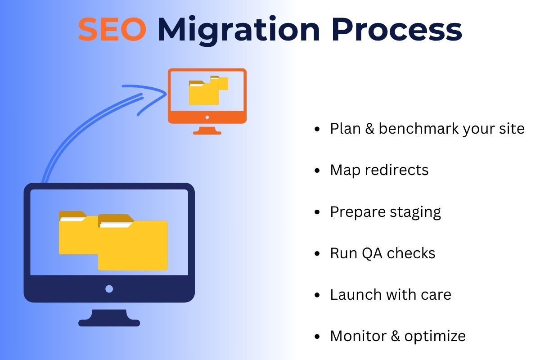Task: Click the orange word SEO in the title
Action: (x=112, y=30)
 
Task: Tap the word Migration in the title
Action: (x=238, y=30)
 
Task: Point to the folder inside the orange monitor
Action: (x=205, y=92)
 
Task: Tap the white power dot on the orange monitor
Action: (x=207, y=117)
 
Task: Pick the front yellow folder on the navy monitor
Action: (x=133, y=245)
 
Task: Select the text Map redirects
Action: (x=379, y=170)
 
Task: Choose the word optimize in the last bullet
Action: (x=435, y=336)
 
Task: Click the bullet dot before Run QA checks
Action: (x=318, y=254)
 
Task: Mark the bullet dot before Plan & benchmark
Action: (x=318, y=129)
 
